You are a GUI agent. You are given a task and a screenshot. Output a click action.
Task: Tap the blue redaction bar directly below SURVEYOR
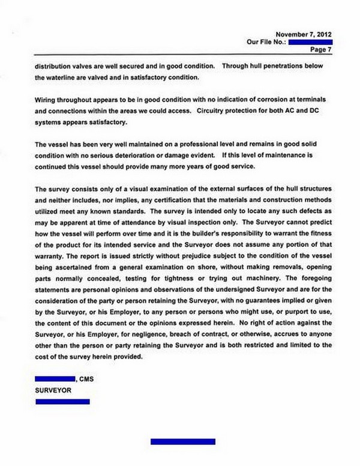[63, 401]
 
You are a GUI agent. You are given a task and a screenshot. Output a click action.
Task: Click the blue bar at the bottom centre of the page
[182, 441]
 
